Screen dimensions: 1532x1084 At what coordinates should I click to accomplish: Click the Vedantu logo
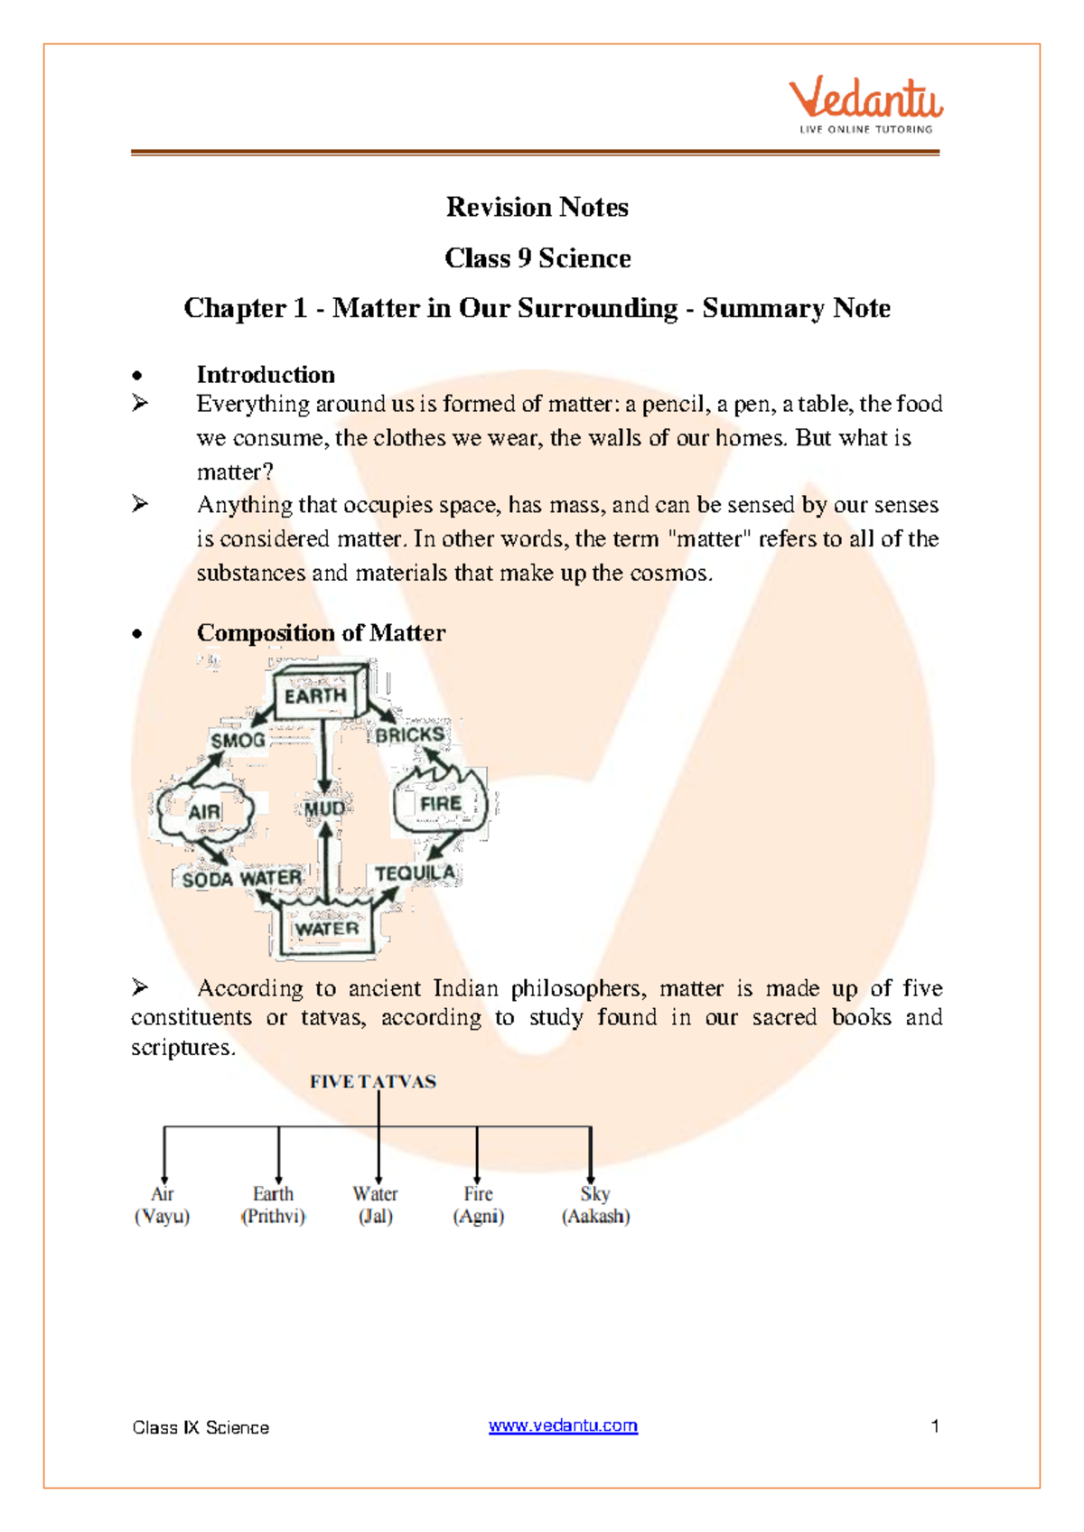pyautogui.click(x=865, y=105)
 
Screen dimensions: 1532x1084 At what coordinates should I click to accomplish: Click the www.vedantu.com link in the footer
pyautogui.click(x=563, y=1425)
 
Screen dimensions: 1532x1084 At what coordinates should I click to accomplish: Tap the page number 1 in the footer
pyautogui.click(x=935, y=1425)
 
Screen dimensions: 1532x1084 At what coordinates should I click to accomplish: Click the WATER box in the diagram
pyautogui.click(x=327, y=929)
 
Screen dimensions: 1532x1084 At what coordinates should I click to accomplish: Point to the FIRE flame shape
pyautogui.click(x=440, y=803)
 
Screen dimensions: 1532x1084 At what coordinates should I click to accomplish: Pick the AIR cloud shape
pyautogui.click(x=204, y=810)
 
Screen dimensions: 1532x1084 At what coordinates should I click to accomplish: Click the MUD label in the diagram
pyautogui.click(x=323, y=808)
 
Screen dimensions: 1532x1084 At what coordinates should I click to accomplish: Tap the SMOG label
pyautogui.click(x=238, y=741)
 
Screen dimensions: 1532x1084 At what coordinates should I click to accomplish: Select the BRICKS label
pyautogui.click(x=410, y=735)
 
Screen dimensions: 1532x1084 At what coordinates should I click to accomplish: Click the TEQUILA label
pyautogui.click(x=415, y=873)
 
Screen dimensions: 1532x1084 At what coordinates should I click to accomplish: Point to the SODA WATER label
pyautogui.click(x=241, y=878)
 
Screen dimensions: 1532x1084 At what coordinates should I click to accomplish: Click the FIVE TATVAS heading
pyautogui.click(x=372, y=1081)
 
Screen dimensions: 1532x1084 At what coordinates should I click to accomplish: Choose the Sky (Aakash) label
pyautogui.click(x=595, y=1205)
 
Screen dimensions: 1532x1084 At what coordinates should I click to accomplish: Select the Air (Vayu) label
pyautogui.click(x=163, y=1205)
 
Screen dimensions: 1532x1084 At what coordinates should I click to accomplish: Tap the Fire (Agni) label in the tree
pyautogui.click(x=478, y=1205)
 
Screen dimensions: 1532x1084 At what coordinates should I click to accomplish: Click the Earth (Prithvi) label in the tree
pyautogui.click(x=273, y=1205)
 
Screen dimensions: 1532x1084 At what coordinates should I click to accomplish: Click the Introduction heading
pyautogui.click(x=266, y=375)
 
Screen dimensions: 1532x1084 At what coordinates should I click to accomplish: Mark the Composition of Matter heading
pyautogui.click(x=321, y=632)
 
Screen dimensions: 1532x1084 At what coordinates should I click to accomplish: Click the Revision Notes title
pyautogui.click(x=537, y=207)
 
